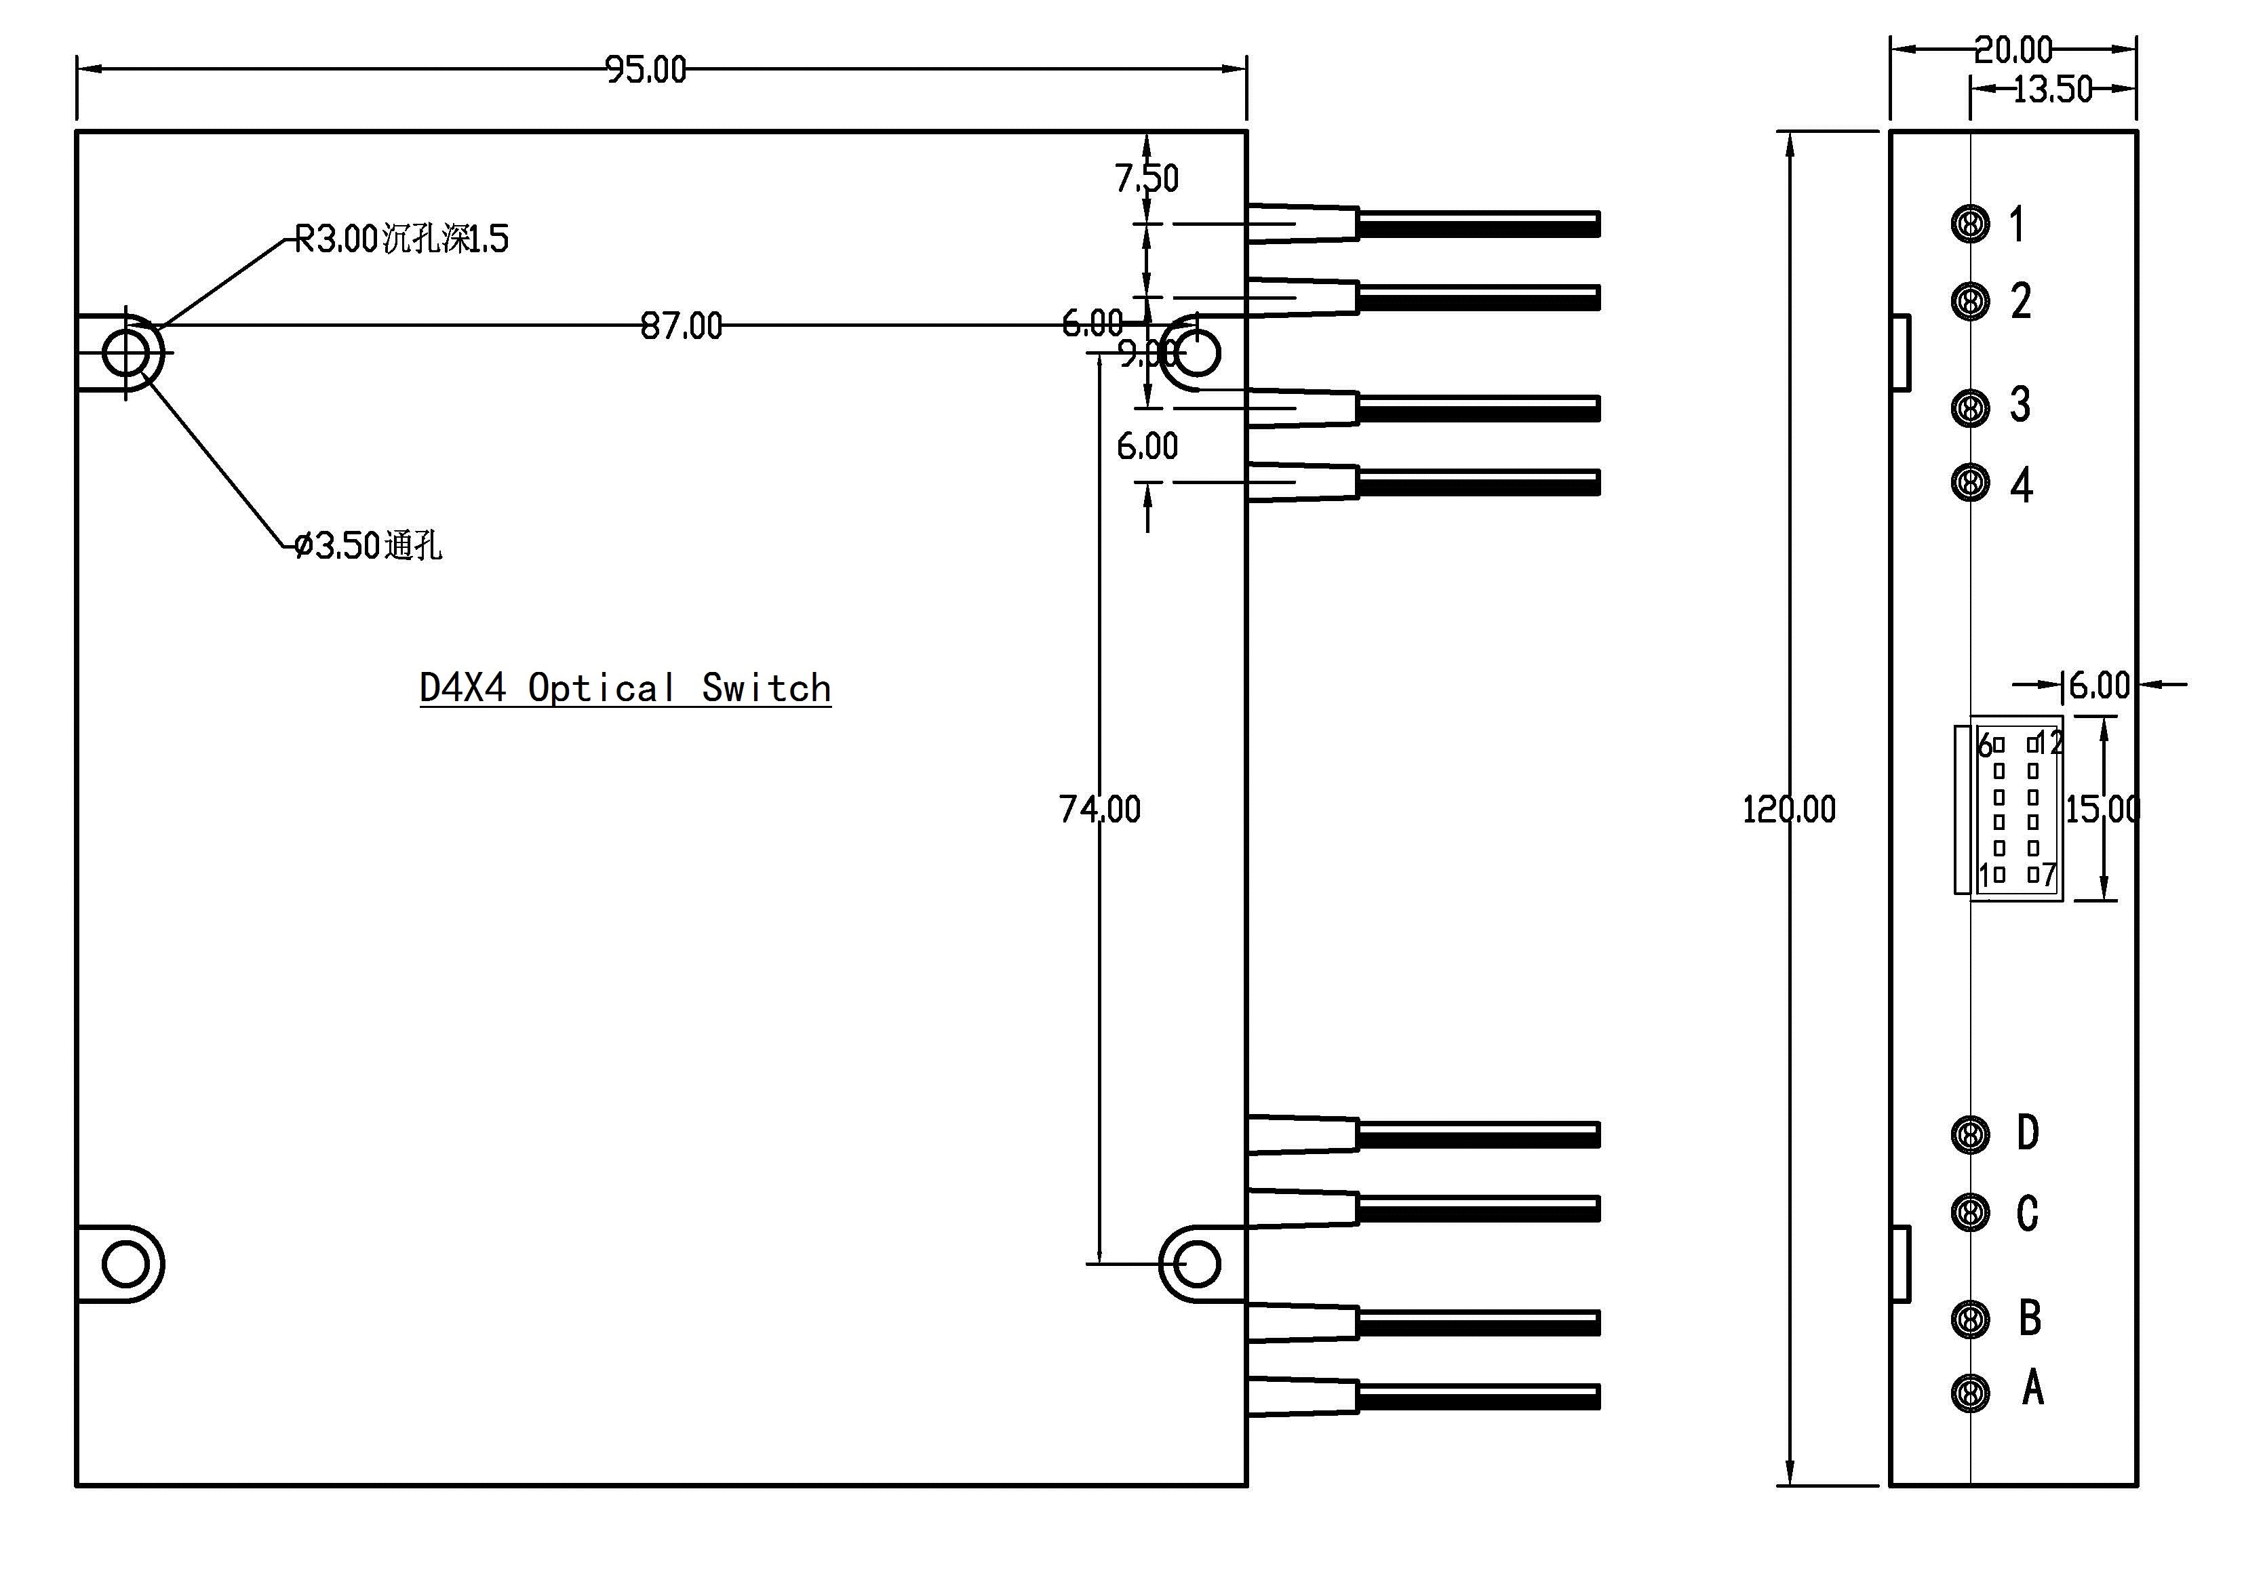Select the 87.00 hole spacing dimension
click(682, 326)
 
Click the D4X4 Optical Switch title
click(625, 688)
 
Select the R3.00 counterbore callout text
click(401, 239)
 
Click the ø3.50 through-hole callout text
click(368, 545)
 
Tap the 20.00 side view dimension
click(2013, 49)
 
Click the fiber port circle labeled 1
click(1969, 224)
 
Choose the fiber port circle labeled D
click(1969, 1134)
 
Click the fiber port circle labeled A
click(1969, 1393)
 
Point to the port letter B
click(2030, 1318)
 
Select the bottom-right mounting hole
click(1196, 1265)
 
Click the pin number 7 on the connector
click(2049, 875)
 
